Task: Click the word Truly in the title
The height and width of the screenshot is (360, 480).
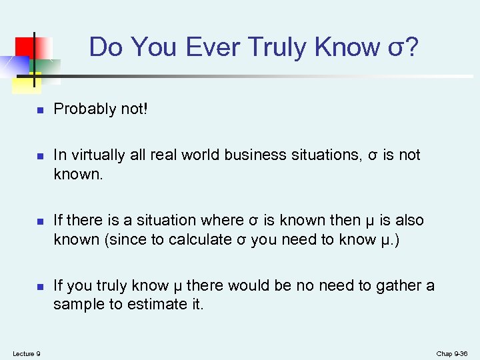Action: [280, 47]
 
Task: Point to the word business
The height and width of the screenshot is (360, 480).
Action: [257, 155]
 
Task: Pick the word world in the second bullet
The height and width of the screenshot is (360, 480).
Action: [199, 155]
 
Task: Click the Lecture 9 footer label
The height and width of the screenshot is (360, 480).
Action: [26, 353]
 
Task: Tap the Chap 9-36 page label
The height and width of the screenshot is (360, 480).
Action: [453, 353]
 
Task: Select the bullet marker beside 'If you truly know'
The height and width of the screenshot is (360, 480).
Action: [40, 287]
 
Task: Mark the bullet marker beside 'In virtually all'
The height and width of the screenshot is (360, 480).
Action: [40, 156]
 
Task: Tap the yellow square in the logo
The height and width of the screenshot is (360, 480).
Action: [24, 83]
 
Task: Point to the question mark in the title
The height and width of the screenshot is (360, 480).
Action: [411, 47]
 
